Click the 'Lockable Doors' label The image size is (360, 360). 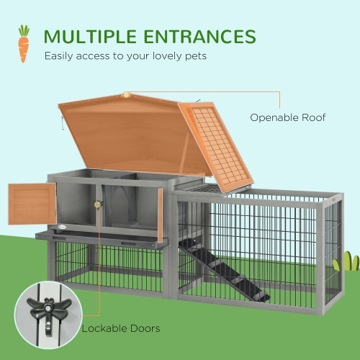[121, 328]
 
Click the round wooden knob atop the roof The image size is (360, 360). [127, 94]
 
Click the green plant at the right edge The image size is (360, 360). [349, 261]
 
